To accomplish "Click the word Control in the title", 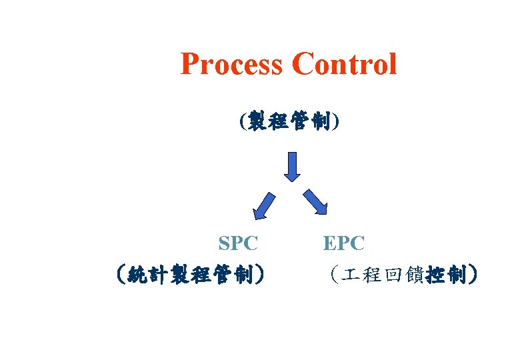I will [344, 65].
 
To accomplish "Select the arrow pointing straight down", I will [291, 165].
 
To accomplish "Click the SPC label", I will [238, 243].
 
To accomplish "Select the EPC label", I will [344, 243].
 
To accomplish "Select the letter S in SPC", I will [225, 243].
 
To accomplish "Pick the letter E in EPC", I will [330, 243].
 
